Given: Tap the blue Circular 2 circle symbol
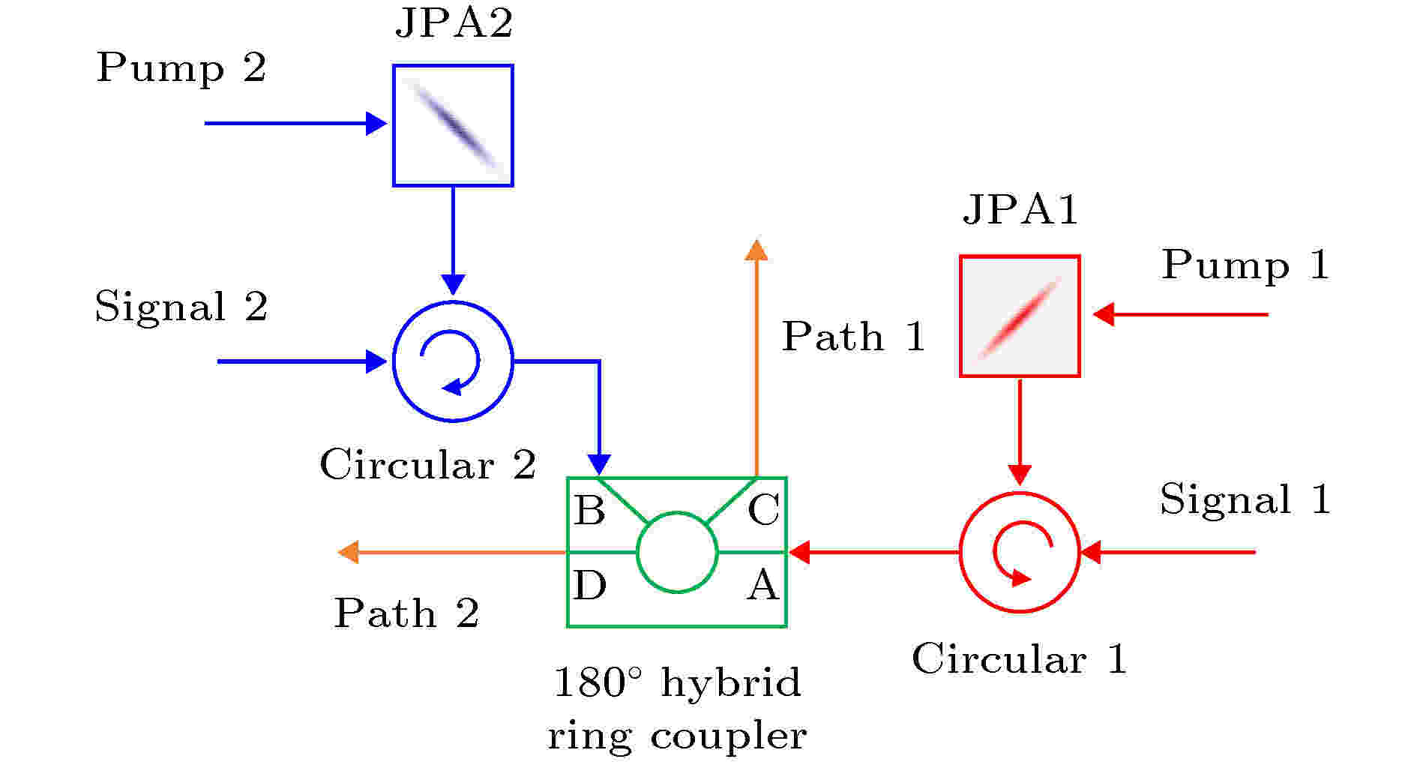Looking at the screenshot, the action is pyautogui.click(x=394, y=361).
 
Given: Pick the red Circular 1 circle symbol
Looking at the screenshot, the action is pyautogui.click(x=961, y=553).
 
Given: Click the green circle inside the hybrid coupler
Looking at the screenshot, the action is pyautogui.click(x=637, y=553).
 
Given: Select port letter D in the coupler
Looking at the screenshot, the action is pyautogui.click(x=589, y=585).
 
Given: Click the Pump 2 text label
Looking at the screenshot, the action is pyautogui.click(x=181, y=67).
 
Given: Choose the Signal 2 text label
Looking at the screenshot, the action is pyautogui.click(x=181, y=306).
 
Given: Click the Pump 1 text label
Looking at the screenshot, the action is pyautogui.click(x=1246, y=265).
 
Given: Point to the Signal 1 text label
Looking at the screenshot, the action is pyautogui.click(x=1245, y=499).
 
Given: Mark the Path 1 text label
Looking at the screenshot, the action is pyautogui.click(x=854, y=336).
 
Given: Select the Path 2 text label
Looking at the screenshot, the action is pyautogui.click(x=406, y=613).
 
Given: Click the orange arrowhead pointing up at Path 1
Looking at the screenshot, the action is pyautogui.click(x=756, y=250).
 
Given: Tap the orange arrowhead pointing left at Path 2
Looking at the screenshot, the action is pyautogui.click(x=349, y=553).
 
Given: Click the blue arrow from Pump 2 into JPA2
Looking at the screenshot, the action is pyautogui.click(x=296, y=123).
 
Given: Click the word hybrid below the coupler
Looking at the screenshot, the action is pyautogui.click(x=732, y=683).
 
